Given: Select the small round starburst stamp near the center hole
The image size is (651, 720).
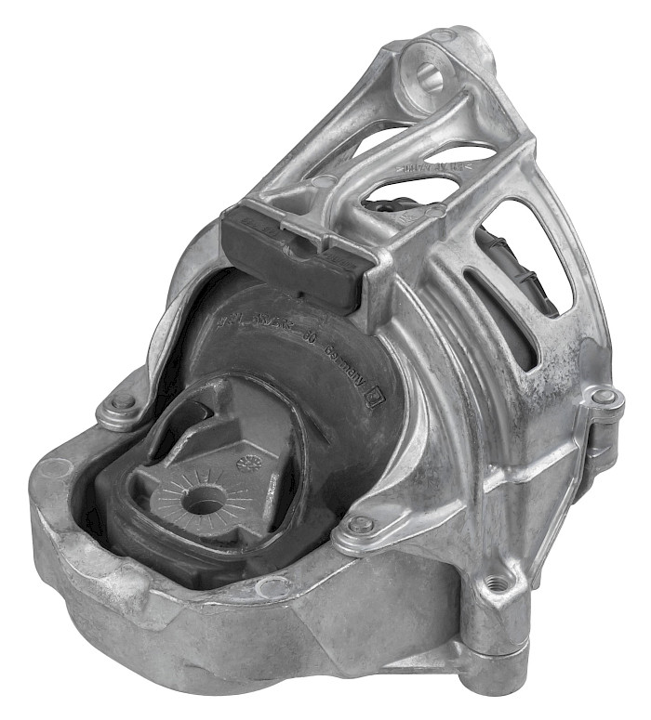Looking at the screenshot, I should click(x=248, y=463).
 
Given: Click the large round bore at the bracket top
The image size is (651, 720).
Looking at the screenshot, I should click(x=428, y=76).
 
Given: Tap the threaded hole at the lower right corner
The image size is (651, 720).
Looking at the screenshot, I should click(x=499, y=583).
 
